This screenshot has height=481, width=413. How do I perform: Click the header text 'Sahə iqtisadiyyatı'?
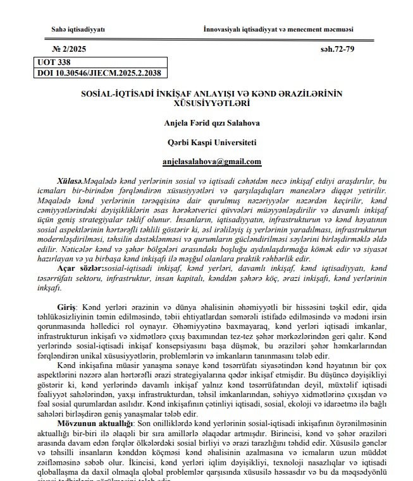tap(78, 30)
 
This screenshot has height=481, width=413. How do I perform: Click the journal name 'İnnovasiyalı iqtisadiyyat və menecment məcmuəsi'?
tap(278, 30)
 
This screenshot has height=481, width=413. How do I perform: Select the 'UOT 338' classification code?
tap(54, 63)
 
